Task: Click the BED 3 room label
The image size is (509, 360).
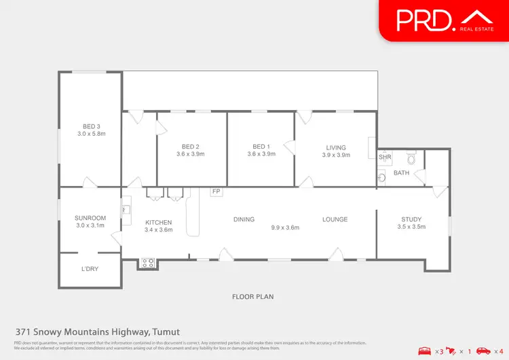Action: tap(92, 126)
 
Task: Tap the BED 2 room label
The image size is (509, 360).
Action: tap(190, 147)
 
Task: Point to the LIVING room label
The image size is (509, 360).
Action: tap(335, 147)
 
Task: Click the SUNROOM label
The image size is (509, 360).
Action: tap(90, 218)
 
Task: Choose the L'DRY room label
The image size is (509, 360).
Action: tap(90, 269)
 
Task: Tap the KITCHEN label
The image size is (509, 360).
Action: tap(158, 222)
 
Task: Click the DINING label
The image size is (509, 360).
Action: tap(244, 219)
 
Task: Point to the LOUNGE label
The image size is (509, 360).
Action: tap(335, 219)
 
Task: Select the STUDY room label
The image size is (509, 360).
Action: tap(411, 219)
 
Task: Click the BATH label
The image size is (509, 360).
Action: tap(402, 173)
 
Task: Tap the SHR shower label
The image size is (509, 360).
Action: tap(385, 157)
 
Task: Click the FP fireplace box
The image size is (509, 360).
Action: tap(216, 192)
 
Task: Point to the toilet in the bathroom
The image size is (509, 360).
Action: tap(410, 160)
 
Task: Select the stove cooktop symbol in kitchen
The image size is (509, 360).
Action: tap(147, 263)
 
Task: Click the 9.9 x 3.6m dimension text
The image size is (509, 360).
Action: tap(285, 228)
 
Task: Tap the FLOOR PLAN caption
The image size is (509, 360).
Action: tap(252, 297)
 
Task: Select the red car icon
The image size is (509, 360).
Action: tap(483, 350)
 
